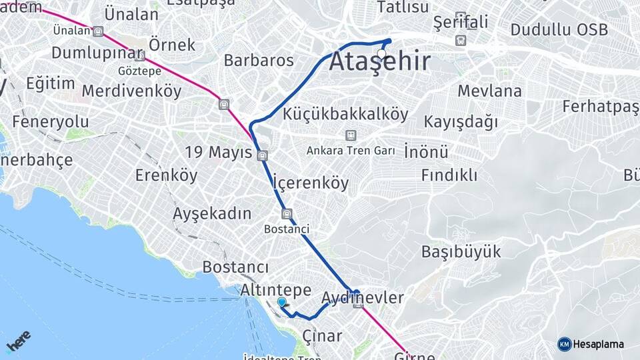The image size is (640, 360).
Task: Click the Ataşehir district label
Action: point(380,62)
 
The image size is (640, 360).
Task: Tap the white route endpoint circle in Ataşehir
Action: point(382,54)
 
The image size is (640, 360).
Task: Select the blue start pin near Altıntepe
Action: point(282,303)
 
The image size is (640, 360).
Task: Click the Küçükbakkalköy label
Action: point(345,114)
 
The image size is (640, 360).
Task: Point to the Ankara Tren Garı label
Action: point(351,151)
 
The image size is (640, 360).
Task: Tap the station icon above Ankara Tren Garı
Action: point(351,135)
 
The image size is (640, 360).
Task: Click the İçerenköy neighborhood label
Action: point(311,182)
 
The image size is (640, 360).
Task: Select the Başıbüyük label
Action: point(461,252)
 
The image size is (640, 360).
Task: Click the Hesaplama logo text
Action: point(599,344)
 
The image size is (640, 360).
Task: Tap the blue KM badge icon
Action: point(565,344)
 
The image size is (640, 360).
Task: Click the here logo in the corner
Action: point(18,341)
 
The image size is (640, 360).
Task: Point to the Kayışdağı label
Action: point(461,122)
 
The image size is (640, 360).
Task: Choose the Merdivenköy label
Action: point(131,91)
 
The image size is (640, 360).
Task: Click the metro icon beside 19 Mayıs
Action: point(263,155)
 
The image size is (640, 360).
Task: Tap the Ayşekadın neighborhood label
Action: point(212,214)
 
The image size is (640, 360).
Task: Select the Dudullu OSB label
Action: point(559,30)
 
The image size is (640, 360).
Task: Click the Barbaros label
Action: point(259,60)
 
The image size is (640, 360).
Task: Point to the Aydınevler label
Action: point(363,297)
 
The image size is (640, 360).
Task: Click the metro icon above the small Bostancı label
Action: point(287,214)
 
